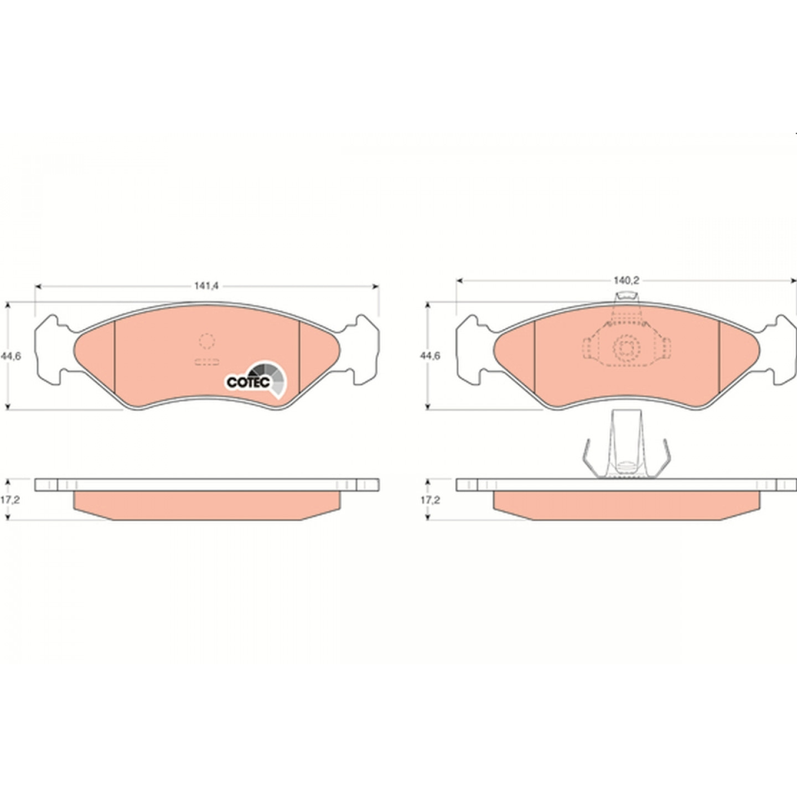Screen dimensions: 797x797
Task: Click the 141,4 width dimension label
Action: tap(206, 286)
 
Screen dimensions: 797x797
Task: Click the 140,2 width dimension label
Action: tap(626, 281)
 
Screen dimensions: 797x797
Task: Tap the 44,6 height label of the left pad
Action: tap(11, 356)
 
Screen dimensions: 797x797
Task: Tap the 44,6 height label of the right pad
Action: tap(430, 356)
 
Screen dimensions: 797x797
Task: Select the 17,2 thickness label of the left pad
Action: tap(10, 500)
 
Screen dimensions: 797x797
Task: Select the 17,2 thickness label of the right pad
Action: tap(430, 500)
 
